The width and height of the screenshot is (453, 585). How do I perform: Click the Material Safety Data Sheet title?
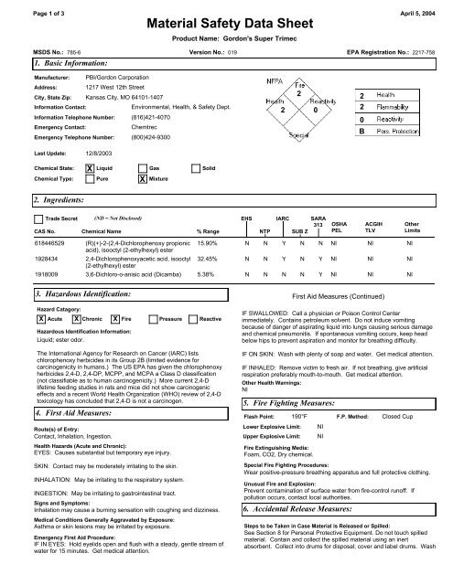(226, 24)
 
